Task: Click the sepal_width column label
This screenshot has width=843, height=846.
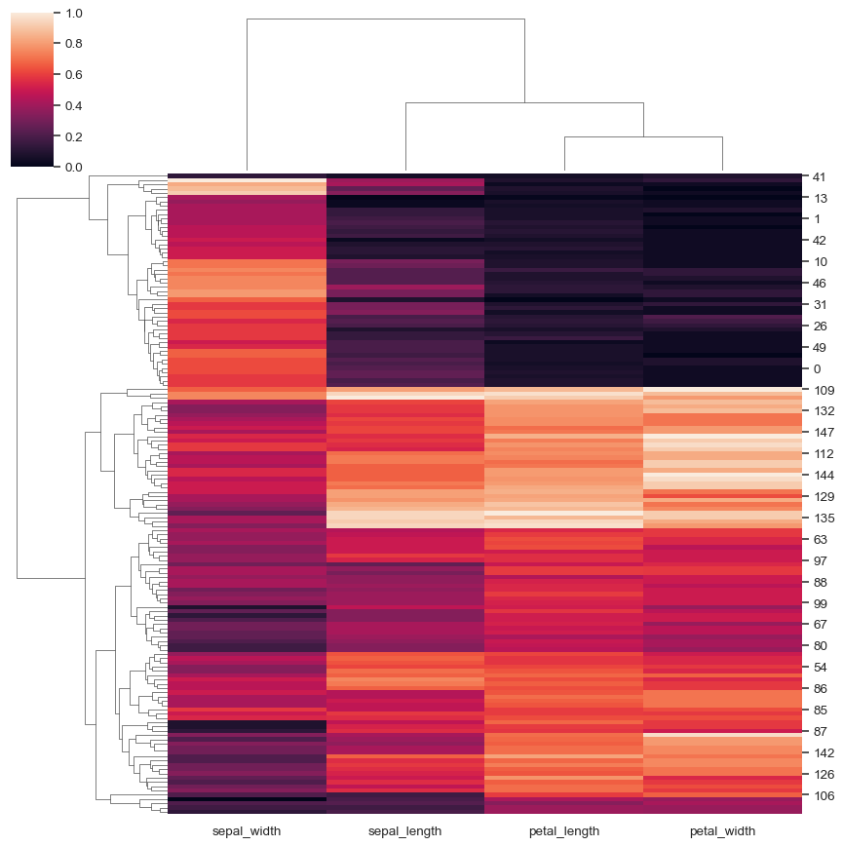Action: click(247, 831)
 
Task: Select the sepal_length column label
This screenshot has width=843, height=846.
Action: click(404, 831)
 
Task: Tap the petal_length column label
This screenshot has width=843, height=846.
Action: click(563, 831)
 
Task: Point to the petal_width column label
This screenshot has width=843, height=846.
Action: click(722, 831)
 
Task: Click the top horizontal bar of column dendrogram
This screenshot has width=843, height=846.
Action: click(386, 19)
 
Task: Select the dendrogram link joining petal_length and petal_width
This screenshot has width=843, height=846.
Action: click(643, 137)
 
